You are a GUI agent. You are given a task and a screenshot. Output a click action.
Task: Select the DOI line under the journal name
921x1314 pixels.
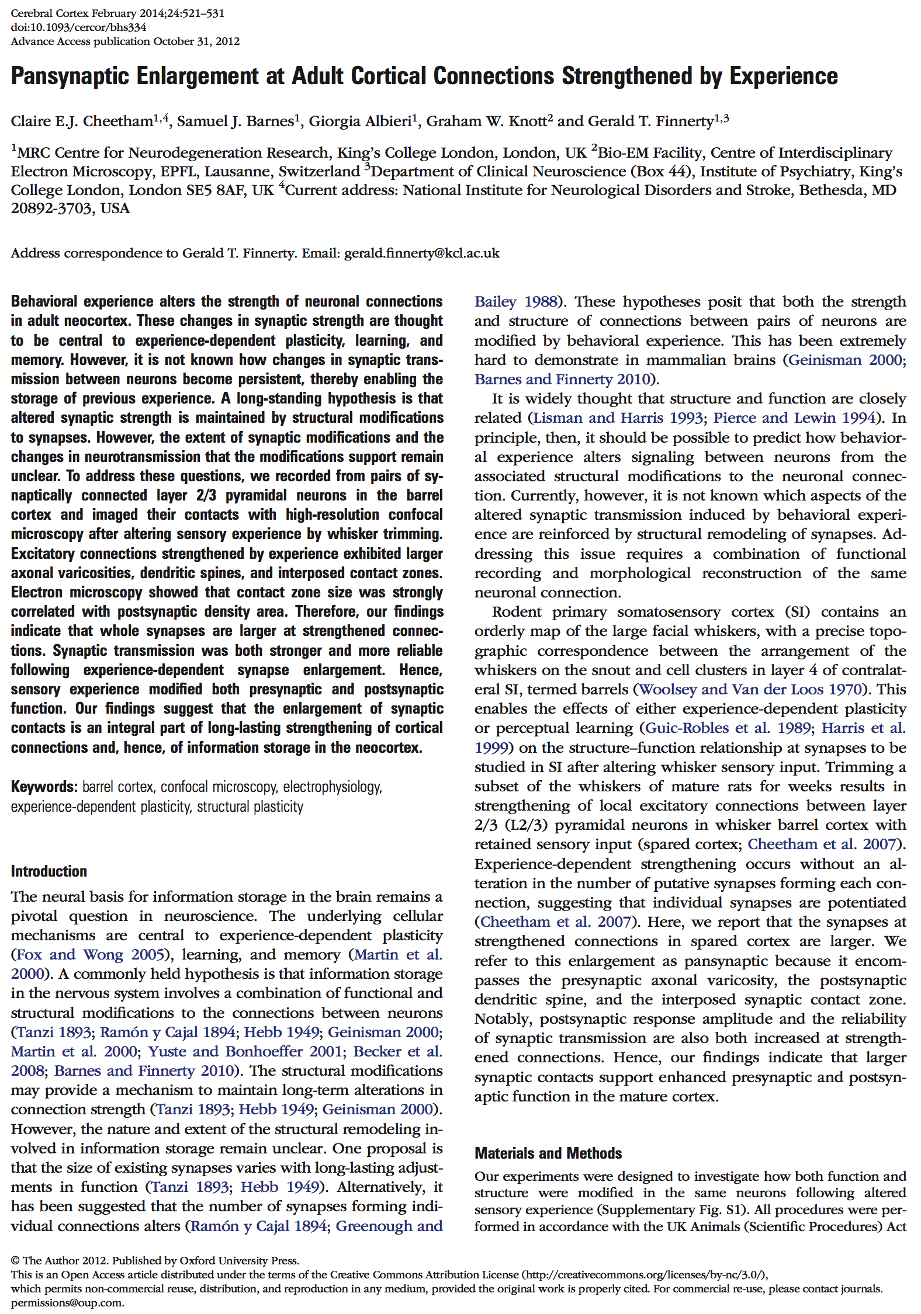(78, 27)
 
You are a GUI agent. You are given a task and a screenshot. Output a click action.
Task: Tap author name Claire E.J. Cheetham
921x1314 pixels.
(82, 121)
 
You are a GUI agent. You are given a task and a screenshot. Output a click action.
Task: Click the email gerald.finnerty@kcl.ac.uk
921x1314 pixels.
(421, 253)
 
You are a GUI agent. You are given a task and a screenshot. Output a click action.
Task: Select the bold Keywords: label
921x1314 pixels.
(44, 787)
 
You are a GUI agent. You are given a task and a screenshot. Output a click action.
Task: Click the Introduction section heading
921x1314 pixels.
(49, 871)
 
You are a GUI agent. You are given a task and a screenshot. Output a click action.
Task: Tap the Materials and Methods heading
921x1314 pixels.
(548, 1153)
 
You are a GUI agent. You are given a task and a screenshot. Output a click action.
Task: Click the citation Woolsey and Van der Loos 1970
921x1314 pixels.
(751, 689)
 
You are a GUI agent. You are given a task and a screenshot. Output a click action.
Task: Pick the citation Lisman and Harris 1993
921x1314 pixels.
(618, 418)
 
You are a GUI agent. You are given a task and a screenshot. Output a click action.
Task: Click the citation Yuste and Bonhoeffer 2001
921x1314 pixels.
(245, 1051)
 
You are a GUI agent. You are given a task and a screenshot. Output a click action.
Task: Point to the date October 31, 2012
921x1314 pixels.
(196, 41)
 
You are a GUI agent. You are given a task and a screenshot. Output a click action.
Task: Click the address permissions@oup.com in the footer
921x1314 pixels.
(67, 1302)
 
